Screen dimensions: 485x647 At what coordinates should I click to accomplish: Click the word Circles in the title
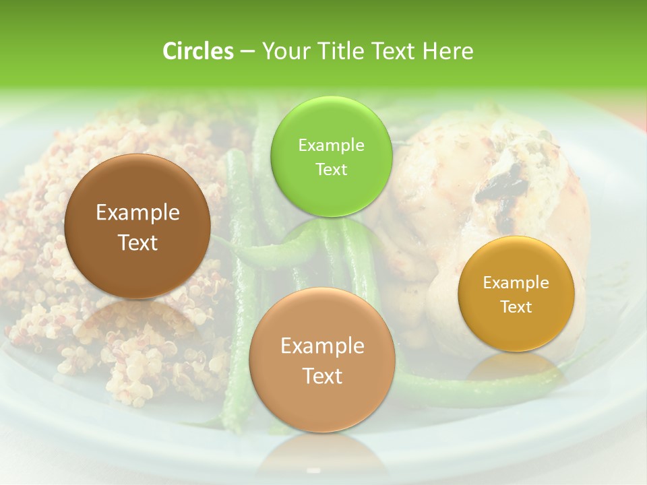(197, 51)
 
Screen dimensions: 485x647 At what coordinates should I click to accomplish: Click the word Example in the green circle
(331, 145)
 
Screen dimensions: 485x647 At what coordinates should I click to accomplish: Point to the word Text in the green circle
(331, 169)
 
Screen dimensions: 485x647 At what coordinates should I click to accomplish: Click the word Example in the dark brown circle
(137, 213)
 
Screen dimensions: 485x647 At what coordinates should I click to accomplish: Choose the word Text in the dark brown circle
(137, 243)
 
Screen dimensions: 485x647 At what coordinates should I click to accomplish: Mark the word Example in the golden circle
(516, 283)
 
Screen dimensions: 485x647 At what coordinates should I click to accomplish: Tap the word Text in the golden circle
(516, 306)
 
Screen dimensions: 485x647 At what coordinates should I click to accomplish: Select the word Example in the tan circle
(322, 346)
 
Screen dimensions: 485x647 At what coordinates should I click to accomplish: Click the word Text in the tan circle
(322, 376)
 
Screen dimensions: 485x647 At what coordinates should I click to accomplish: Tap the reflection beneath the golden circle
(516, 367)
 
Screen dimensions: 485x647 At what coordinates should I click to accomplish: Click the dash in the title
(247, 52)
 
